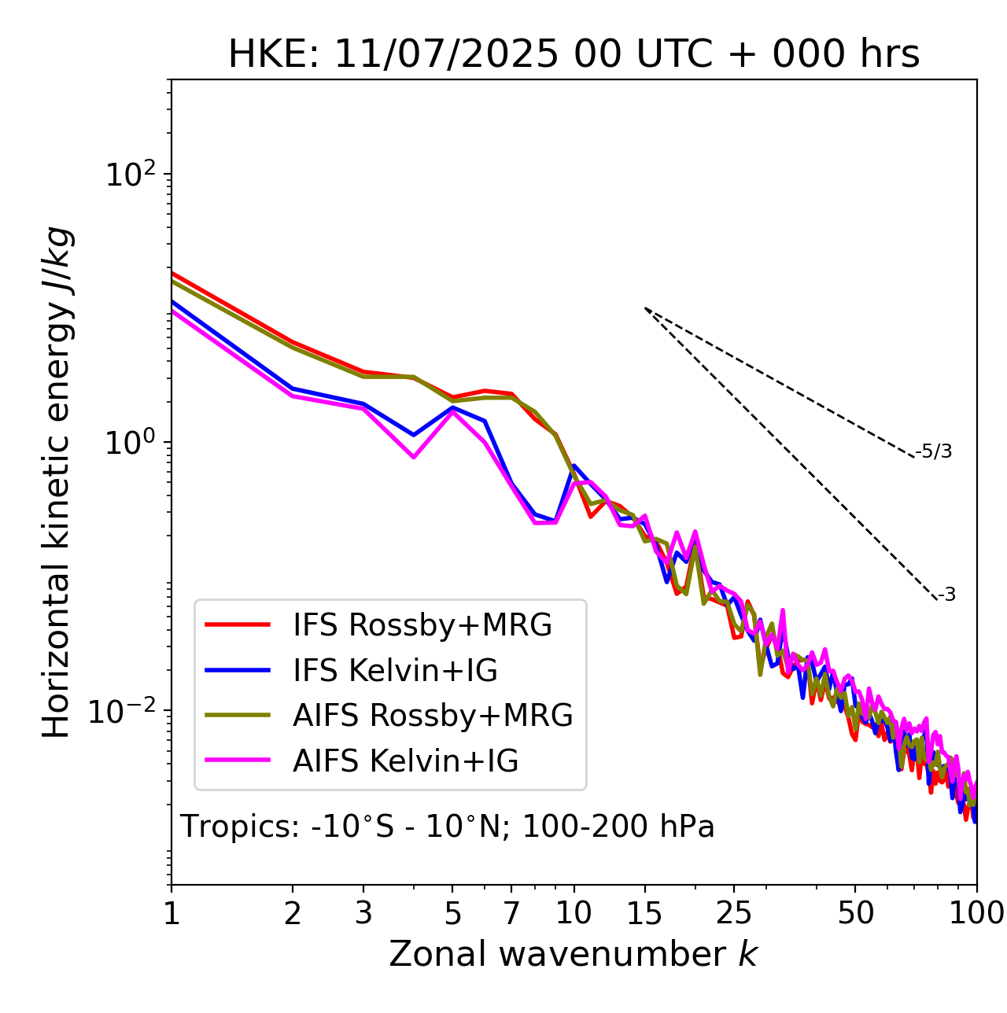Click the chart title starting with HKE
point(574,54)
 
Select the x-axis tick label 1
point(172,914)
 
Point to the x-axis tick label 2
point(293,914)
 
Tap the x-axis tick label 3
point(363,914)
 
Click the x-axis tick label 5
point(452,914)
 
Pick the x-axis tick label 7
point(511,914)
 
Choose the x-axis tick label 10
point(574,914)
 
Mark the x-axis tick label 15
point(644,914)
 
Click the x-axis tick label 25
point(734,914)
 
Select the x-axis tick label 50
point(855,914)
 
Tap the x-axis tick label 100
point(976,914)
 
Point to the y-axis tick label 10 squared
point(130,175)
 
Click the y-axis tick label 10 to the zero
point(130,443)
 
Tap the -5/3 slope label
point(934,452)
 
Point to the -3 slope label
point(946,595)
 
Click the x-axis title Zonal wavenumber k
point(574,954)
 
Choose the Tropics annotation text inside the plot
point(448,827)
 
